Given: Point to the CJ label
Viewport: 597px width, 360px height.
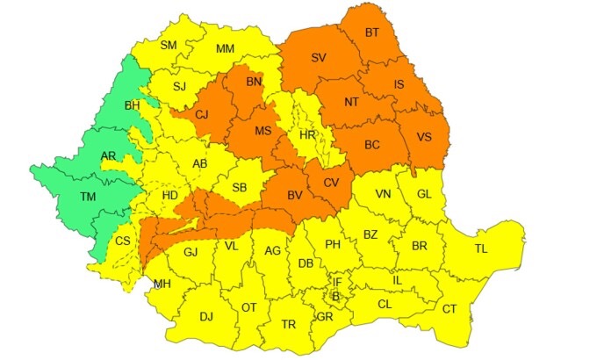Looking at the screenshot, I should [x=202, y=113].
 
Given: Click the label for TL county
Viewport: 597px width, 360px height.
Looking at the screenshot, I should [x=480, y=248].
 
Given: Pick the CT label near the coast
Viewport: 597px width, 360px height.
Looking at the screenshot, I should [x=449, y=308].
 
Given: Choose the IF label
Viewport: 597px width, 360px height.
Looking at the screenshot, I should [x=337, y=281].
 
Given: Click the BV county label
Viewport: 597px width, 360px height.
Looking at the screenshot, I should [x=296, y=194].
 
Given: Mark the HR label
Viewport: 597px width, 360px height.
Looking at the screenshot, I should [x=307, y=135].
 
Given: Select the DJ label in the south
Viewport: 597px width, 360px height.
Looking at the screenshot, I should [x=206, y=316].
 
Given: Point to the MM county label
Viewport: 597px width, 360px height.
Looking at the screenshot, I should [x=225, y=48].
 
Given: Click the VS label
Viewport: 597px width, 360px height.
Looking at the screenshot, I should [x=424, y=136].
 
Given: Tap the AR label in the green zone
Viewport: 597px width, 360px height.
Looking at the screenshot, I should [x=109, y=156].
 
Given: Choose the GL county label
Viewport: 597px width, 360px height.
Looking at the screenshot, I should [x=424, y=194].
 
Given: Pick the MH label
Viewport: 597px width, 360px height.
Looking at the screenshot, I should [x=162, y=284].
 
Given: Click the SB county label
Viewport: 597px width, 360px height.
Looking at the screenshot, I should [x=239, y=186].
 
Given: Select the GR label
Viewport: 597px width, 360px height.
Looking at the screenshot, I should [x=324, y=316].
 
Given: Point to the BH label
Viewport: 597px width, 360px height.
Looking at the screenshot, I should [x=133, y=105].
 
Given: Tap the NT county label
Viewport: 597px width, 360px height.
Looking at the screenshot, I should [x=351, y=101].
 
